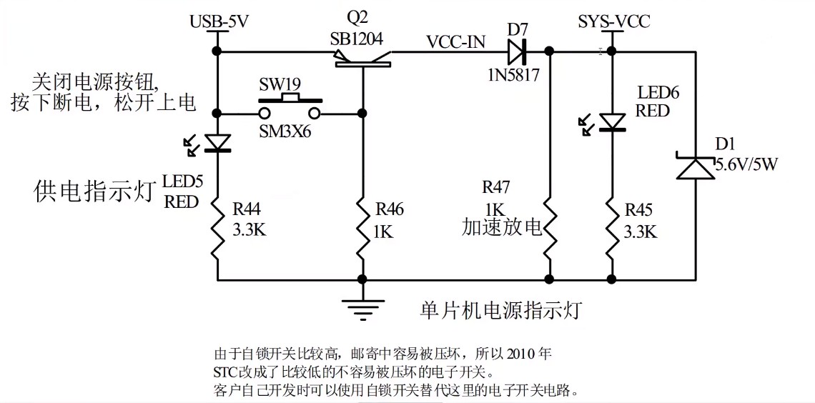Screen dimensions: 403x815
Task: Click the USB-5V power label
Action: click(x=219, y=21)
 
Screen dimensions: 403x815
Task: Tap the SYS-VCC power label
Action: click(x=614, y=21)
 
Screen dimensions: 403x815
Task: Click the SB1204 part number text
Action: click(x=357, y=39)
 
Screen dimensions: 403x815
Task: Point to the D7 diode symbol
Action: click(x=517, y=51)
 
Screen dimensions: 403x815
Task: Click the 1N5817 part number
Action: click(x=513, y=73)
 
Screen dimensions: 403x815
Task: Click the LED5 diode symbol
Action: click(x=217, y=143)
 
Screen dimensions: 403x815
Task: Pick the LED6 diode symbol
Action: click(x=612, y=123)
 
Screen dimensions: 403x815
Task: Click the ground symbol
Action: click(x=362, y=306)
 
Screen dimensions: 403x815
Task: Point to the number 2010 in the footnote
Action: click(x=520, y=354)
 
